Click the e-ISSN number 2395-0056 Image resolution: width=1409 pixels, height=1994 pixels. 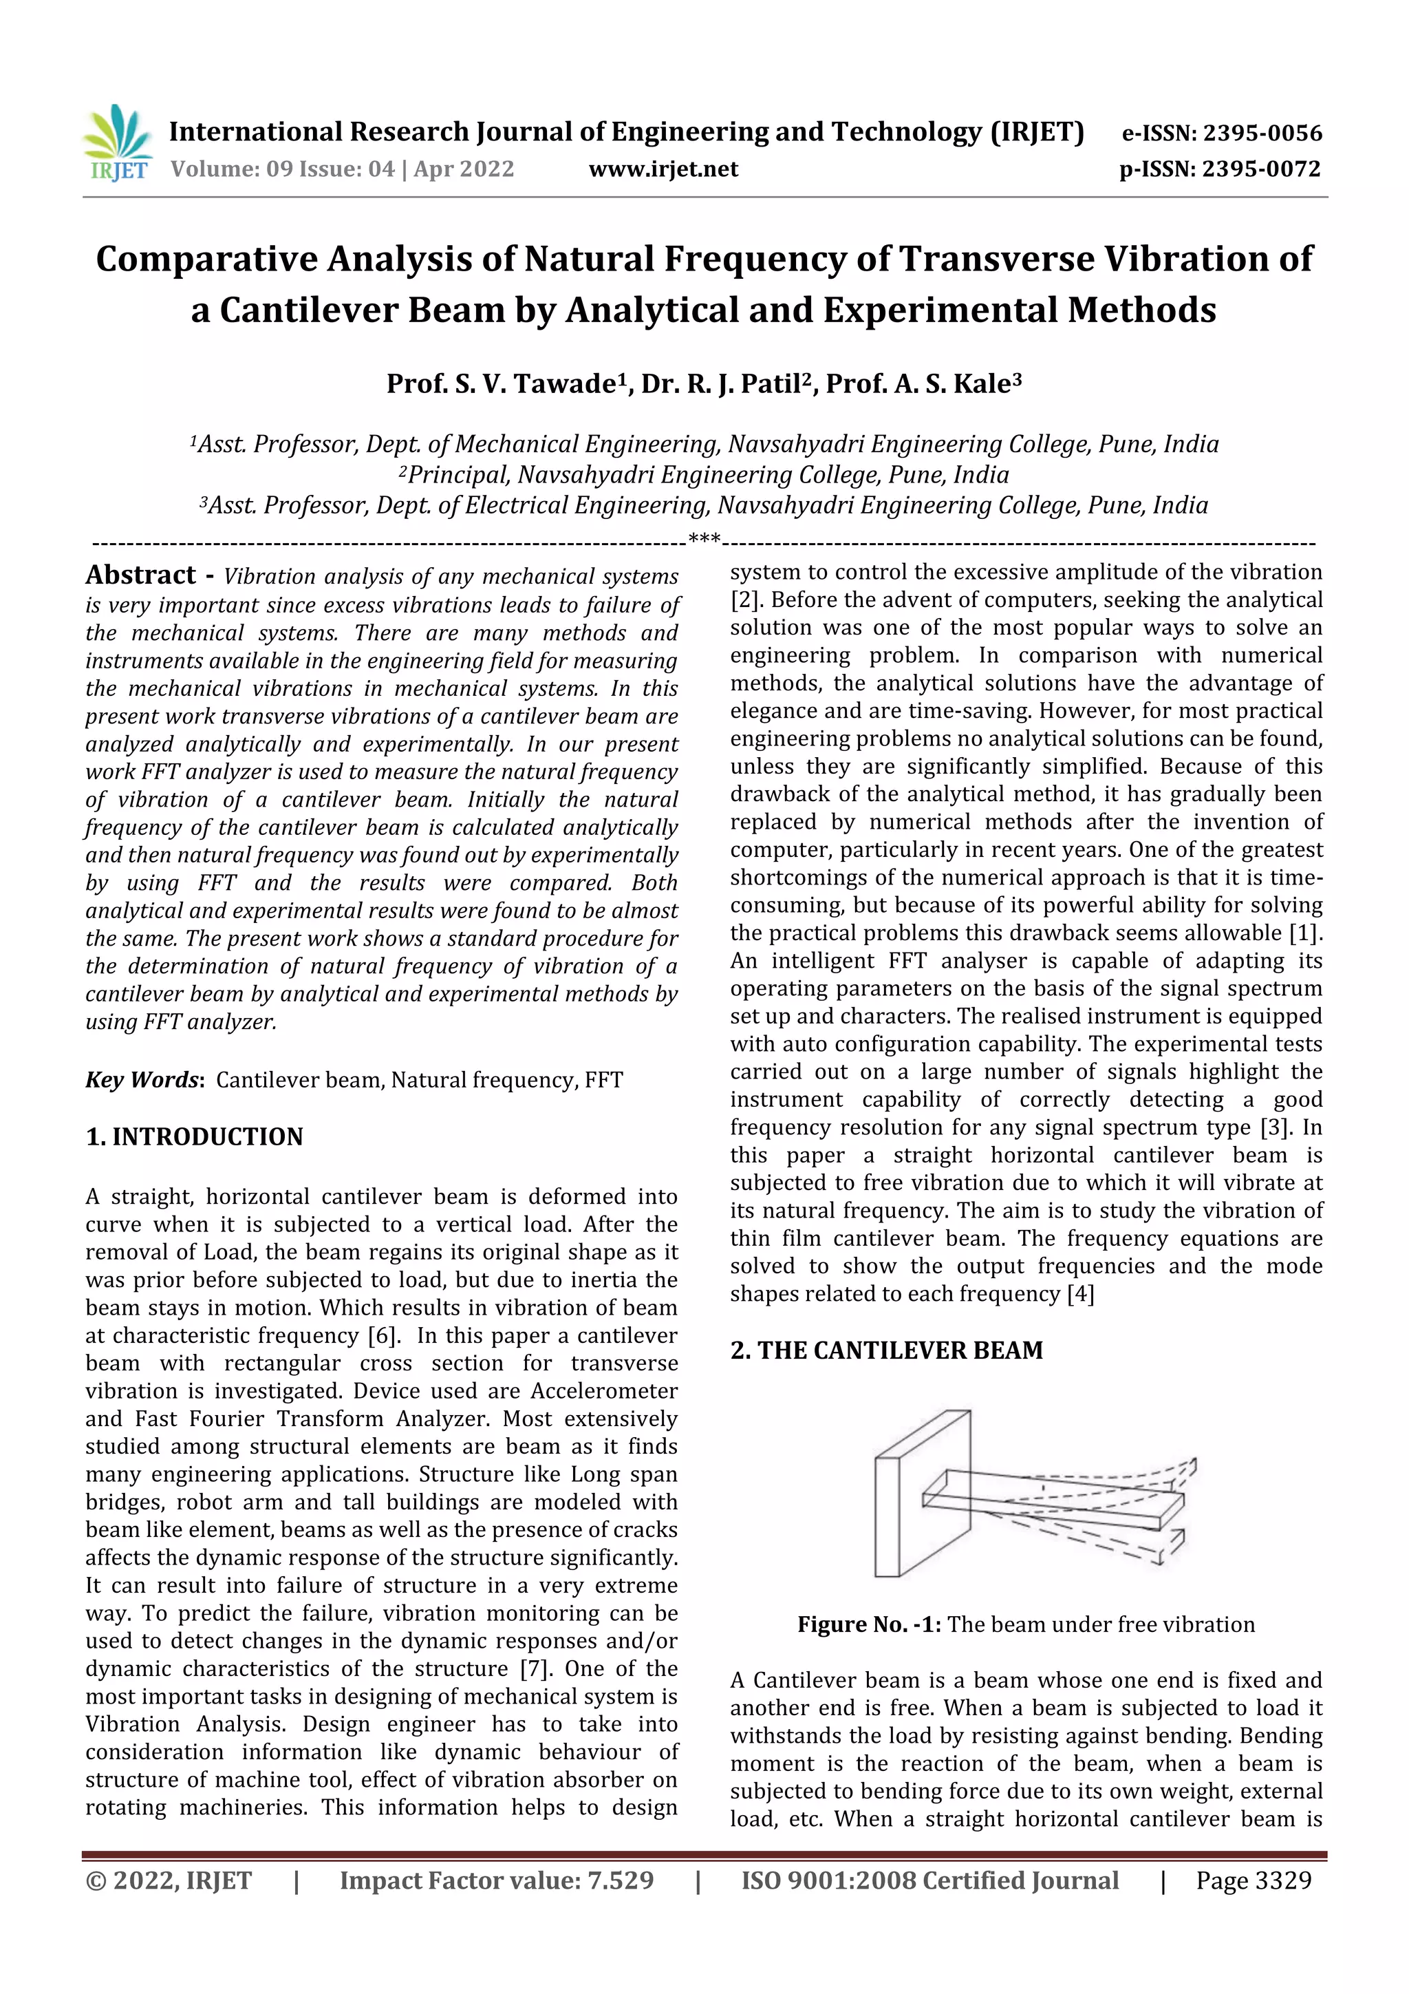pos(1261,134)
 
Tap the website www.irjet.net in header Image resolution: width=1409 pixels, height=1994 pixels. pos(663,169)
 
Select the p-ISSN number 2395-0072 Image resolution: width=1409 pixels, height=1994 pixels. pos(1260,169)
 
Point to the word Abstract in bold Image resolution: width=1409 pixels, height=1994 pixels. pos(140,575)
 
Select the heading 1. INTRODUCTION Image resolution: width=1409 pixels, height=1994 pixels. pos(195,1137)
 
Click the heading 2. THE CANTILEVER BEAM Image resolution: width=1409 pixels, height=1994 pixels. pos(886,1350)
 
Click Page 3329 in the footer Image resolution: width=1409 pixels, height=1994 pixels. pos(1253,1880)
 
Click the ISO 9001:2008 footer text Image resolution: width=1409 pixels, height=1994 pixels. pos(929,1880)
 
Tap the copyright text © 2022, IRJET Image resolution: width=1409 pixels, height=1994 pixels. pos(169,1880)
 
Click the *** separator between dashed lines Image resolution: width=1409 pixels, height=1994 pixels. pos(704,540)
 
